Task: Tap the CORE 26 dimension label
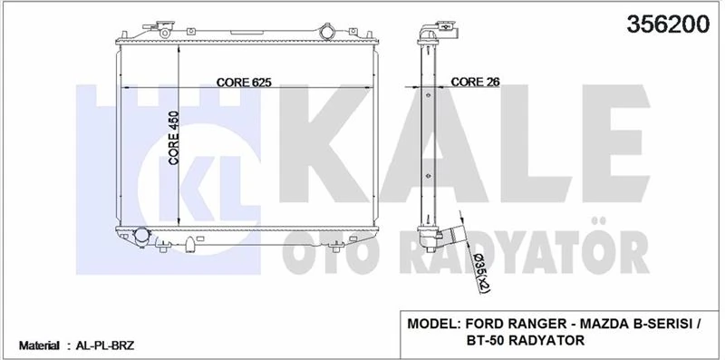(x=475, y=81)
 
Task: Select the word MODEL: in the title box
(x=434, y=323)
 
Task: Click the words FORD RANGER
(x=510, y=323)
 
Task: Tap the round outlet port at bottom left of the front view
(x=141, y=238)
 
